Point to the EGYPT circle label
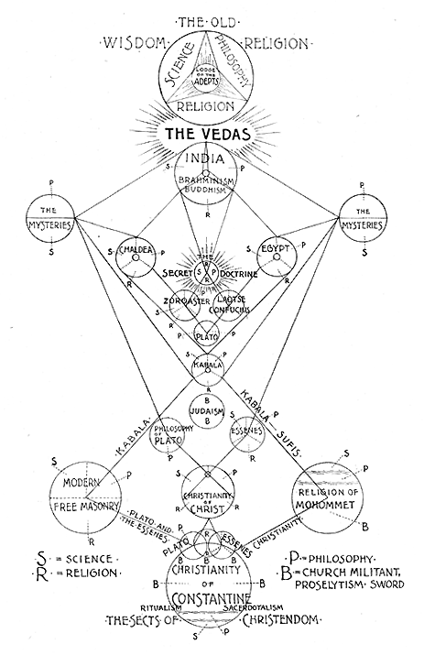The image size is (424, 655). (x=279, y=249)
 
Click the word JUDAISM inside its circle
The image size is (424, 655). (x=211, y=411)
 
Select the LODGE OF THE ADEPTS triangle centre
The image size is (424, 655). (x=211, y=79)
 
